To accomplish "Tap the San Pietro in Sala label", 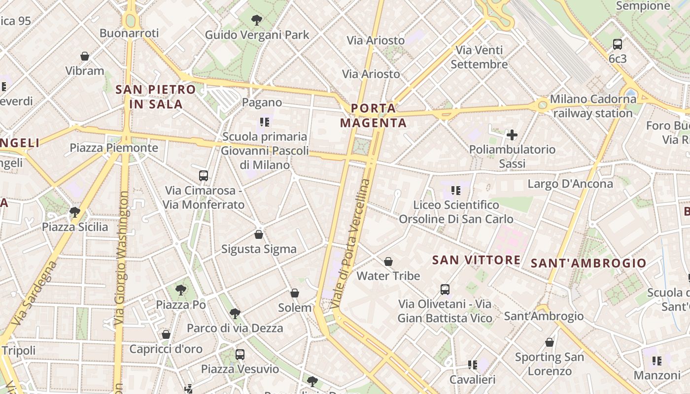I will (x=156, y=97).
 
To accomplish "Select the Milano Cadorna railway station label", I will (x=593, y=106).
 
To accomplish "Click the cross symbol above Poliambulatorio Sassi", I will (x=512, y=134).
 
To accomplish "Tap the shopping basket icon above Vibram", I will (x=85, y=56).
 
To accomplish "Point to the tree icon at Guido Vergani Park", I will (x=256, y=20).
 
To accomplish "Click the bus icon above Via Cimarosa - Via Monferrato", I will (x=203, y=175).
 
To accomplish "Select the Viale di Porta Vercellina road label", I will (x=350, y=244).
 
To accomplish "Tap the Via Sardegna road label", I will (x=34, y=295).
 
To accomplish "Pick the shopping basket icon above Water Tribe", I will (x=388, y=261).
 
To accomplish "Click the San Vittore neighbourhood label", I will (x=476, y=260).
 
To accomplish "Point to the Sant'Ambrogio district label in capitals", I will (x=588, y=263).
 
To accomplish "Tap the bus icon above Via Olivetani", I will (x=445, y=289).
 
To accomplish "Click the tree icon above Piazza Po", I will (x=181, y=290).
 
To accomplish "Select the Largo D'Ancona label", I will (x=570, y=184).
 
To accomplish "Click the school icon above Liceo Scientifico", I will (x=456, y=190).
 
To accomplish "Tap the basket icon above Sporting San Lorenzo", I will (x=550, y=342).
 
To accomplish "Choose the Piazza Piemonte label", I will (x=114, y=148).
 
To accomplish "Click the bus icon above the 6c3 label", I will (x=618, y=44).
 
